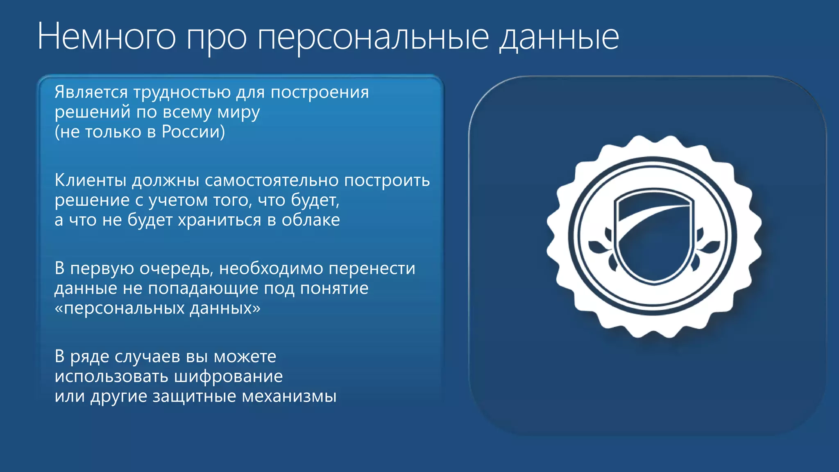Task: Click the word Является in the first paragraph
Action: pos(91,92)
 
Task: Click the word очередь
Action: pos(177,269)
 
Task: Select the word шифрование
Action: pos(229,377)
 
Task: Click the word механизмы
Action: pos(289,396)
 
